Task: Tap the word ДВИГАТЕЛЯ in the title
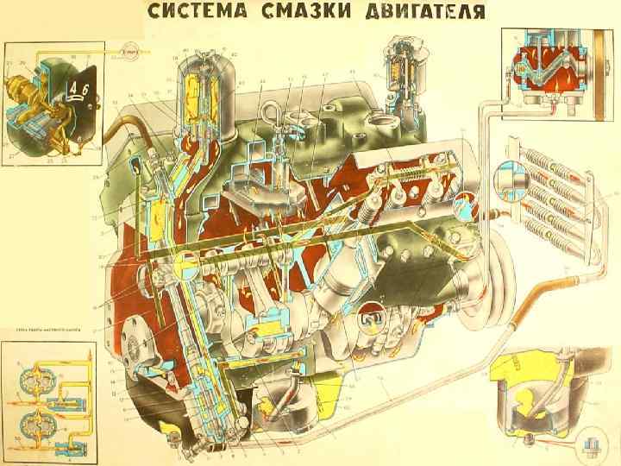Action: pyautogui.click(x=415, y=13)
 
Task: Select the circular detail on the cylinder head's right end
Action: pyautogui.click(x=467, y=205)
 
